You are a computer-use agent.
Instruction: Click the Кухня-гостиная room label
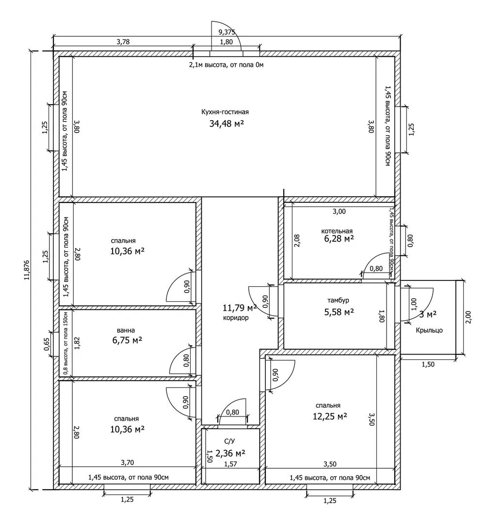tap(225, 112)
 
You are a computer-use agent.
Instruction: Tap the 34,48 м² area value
tap(227, 124)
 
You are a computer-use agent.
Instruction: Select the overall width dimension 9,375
tap(227, 32)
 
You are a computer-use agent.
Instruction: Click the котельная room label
tap(337, 231)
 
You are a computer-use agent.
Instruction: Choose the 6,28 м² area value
tap(339, 239)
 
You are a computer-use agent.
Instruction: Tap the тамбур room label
tap(338, 300)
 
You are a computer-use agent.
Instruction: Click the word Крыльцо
tap(429, 330)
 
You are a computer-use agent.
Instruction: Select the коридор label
tap(236, 318)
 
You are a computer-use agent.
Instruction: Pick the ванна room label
tap(126, 330)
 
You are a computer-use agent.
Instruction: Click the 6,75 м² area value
tap(127, 340)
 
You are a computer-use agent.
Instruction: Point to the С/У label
tap(229, 442)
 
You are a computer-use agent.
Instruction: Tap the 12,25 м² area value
tap(330, 416)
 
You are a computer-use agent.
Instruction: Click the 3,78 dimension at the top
tap(123, 42)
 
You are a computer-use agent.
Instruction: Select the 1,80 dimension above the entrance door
tap(227, 42)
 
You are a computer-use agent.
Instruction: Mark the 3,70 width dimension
tap(127, 462)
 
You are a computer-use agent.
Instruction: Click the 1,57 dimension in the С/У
tap(230, 464)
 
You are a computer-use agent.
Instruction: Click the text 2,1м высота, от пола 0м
tap(227, 65)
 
